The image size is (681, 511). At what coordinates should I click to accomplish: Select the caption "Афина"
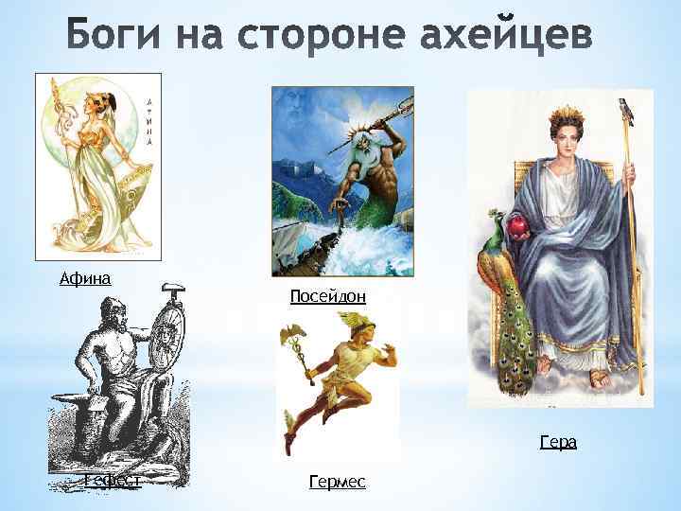pyautogui.click(x=85, y=278)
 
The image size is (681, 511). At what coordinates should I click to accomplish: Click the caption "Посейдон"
pyautogui.click(x=327, y=296)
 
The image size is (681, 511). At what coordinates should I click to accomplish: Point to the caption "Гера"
pyautogui.click(x=558, y=442)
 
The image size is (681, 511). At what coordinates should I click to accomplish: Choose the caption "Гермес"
pyautogui.click(x=338, y=483)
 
